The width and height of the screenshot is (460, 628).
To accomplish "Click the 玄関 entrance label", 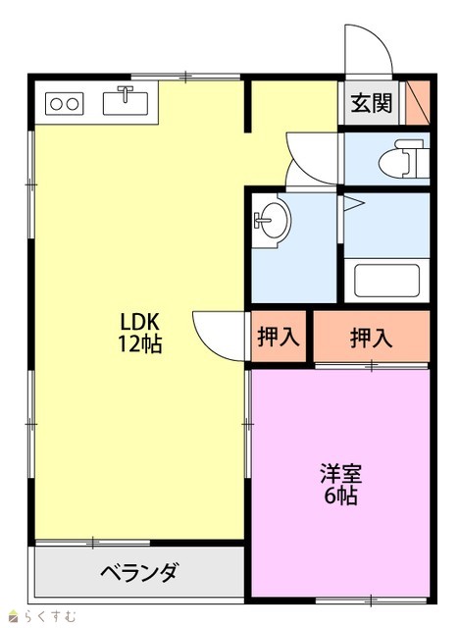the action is [371, 104].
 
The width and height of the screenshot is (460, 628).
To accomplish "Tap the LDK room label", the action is [140, 321].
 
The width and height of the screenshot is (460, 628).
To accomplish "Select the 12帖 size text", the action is [139, 343].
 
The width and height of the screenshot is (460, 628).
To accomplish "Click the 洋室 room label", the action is [340, 474].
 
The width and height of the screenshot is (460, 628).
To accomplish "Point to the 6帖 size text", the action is [340, 496].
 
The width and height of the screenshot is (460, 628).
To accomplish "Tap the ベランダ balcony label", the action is [139, 572].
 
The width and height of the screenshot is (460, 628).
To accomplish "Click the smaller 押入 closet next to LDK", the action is [279, 337].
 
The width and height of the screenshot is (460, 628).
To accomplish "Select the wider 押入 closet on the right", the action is [371, 338].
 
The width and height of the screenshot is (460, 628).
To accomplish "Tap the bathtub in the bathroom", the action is [386, 281].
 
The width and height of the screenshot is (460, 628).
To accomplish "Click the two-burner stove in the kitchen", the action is [64, 104].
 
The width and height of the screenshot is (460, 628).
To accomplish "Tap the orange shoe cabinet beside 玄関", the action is [418, 102].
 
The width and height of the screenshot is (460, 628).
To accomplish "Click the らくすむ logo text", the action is [49, 615].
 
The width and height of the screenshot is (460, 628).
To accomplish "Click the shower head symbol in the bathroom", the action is [354, 203].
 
